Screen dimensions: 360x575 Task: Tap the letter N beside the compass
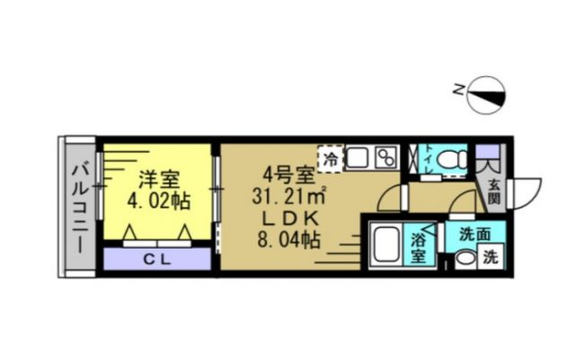(x=459, y=89)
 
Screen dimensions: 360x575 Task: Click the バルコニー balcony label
(x=78, y=206)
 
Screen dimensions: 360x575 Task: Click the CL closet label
(x=157, y=259)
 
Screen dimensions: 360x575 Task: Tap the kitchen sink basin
(x=357, y=158)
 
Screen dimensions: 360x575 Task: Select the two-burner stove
(x=386, y=158)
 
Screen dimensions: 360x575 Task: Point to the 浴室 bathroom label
(x=420, y=247)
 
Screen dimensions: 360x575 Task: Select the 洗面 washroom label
(x=474, y=234)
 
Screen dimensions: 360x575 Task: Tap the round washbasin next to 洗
(x=464, y=258)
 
